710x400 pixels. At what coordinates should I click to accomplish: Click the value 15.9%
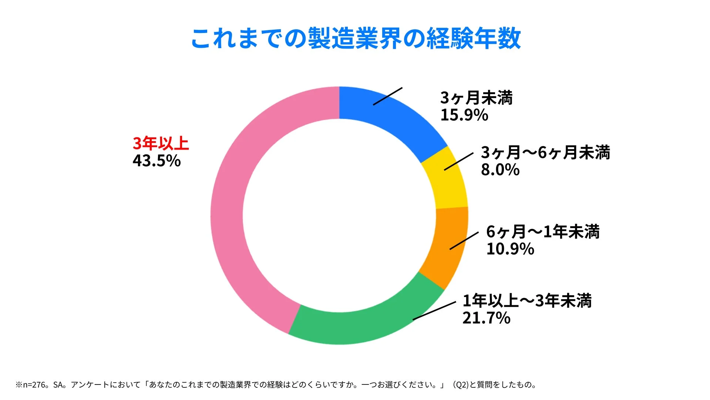pos(464,115)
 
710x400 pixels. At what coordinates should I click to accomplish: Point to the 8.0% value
pos(500,170)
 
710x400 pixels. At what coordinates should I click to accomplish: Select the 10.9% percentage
pos(510,249)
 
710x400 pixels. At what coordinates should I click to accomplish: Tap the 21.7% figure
pos(486,318)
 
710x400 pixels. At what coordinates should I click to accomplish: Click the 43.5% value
pos(157,161)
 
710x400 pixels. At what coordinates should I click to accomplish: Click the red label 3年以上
pos(161,144)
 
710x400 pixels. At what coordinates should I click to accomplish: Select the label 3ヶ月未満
pos(476,98)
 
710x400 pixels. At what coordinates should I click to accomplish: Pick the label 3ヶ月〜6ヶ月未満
pos(545,153)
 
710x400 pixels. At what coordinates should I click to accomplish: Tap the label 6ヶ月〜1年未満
pos(542,232)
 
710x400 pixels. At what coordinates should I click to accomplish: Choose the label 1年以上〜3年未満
pos(527,301)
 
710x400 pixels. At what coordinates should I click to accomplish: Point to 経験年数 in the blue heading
pos(474,39)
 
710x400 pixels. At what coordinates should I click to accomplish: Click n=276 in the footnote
pos(34,385)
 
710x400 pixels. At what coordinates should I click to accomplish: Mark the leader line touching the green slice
pos(434,310)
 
